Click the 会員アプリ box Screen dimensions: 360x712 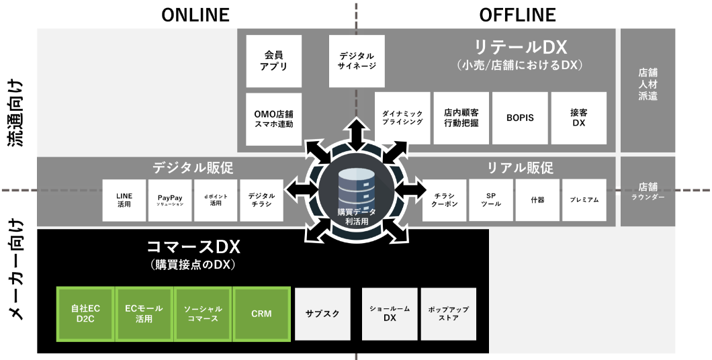(x=274, y=61)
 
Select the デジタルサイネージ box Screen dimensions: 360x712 (x=357, y=61)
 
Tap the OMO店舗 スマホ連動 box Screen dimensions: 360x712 (x=274, y=119)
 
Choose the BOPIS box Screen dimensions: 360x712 (x=520, y=118)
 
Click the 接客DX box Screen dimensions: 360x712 (x=578, y=118)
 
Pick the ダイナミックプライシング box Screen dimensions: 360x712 (x=402, y=118)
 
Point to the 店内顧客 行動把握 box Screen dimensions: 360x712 (x=461, y=118)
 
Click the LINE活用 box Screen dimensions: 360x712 (x=124, y=200)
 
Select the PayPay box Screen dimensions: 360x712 (x=170, y=200)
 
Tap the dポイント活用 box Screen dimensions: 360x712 (x=216, y=200)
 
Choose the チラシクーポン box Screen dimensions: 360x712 (x=444, y=200)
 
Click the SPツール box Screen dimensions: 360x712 (x=490, y=200)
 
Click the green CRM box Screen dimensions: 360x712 (x=261, y=314)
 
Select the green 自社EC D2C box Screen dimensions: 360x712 (x=85, y=314)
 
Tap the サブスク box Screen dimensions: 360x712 (x=322, y=314)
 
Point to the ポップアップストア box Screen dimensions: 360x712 (x=448, y=314)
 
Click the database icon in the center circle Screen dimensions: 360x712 (x=356, y=187)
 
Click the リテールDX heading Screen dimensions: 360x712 (x=521, y=48)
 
